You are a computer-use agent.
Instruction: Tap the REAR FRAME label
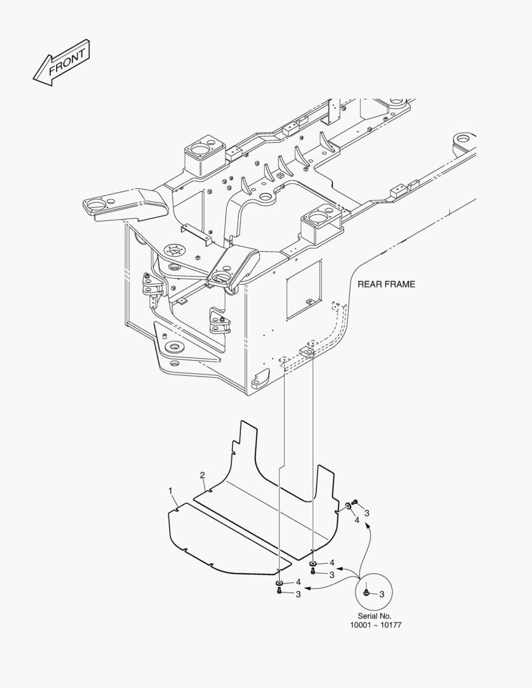pos(386,284)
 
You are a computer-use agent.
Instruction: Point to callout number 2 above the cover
pos(203,475)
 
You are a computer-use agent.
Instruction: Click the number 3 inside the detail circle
pos(382,594)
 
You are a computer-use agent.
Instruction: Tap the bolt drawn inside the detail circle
pos(366,593)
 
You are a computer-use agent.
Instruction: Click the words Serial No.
pos(375,616)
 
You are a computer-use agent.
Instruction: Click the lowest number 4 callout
pos(298,582)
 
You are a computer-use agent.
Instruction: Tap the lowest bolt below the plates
pos(279,591)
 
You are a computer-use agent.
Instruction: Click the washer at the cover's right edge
pos(348,506)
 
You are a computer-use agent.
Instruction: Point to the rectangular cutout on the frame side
pos(304,290)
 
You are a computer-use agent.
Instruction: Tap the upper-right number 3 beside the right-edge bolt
pos(367,513)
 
